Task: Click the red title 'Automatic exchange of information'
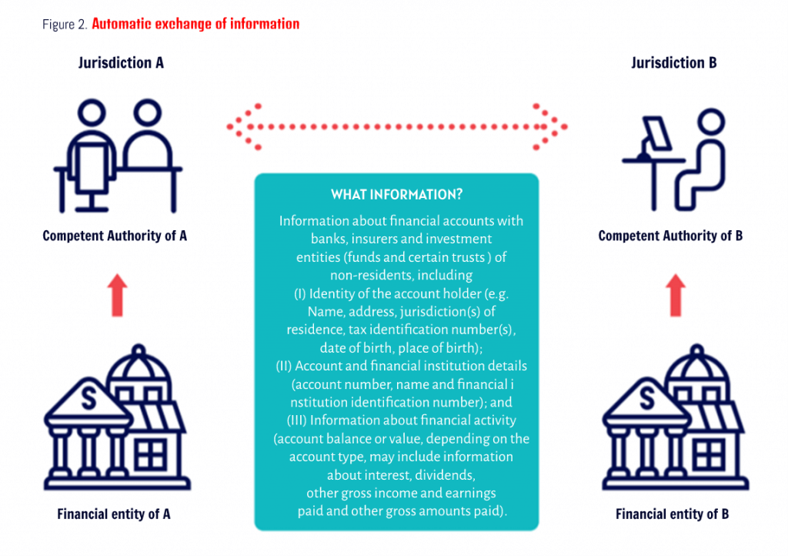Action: pos(195,24)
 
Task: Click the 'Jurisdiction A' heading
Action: pos(121,63)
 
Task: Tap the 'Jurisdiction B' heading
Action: pos(674,63)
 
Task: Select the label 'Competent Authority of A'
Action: pos(115,236)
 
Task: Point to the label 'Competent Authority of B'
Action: pos(670,236)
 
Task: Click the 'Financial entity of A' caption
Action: pos(114,514)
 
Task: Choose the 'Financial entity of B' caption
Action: pos(672,514)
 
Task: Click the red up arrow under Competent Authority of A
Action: pos(117,295)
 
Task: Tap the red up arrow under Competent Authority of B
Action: pos(676,295)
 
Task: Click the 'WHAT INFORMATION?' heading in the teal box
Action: pos(396,195)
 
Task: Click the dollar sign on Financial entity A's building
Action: pos(89,399)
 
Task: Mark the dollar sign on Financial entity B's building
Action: pos(647,399)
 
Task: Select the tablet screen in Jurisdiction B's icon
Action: pos(657,133)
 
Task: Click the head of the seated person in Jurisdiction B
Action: pos(711,122)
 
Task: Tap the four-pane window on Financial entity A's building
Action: pos(150,454)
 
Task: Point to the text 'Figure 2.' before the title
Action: pos(65,24)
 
